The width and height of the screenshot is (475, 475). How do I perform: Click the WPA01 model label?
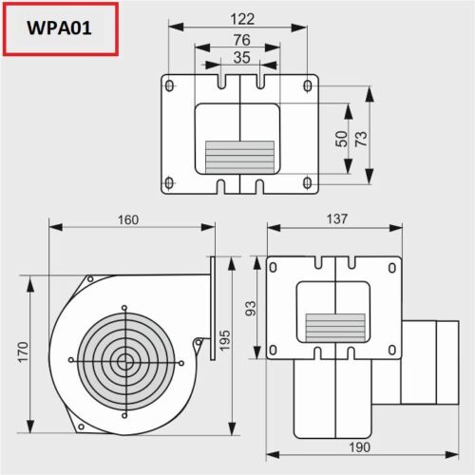[59, 28]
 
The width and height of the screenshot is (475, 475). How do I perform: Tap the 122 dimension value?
[242, 19]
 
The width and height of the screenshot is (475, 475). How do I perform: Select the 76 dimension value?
[242, 40]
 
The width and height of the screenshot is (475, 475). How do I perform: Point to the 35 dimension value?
[242, 58]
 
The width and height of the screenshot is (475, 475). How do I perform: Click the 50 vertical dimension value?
[341, 139]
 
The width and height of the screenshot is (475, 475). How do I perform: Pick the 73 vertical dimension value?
[361, 139]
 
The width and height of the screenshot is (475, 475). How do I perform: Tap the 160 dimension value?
[128, 219]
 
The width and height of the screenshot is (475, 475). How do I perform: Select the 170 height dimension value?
[23, 352]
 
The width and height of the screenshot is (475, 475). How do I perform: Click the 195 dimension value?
[224, 341]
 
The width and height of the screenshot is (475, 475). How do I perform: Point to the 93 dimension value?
[250, 309]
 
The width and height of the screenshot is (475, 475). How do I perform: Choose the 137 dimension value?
[337, 218]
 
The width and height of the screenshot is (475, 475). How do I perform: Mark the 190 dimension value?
[359, 447]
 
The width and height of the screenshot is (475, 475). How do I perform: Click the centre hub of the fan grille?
[125, 362]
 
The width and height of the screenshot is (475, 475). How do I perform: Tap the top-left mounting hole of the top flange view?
[170, 85]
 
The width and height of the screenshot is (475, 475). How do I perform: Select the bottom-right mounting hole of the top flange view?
[308, 183]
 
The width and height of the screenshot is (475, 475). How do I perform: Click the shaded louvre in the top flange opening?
[239, 157]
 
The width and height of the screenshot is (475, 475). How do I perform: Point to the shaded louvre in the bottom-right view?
[335, 328]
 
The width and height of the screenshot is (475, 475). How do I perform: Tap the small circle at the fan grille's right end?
[181, 363]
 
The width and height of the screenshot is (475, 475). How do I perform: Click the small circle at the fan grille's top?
[124, 308]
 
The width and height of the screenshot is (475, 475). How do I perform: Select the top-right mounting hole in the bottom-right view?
[392, 268]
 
